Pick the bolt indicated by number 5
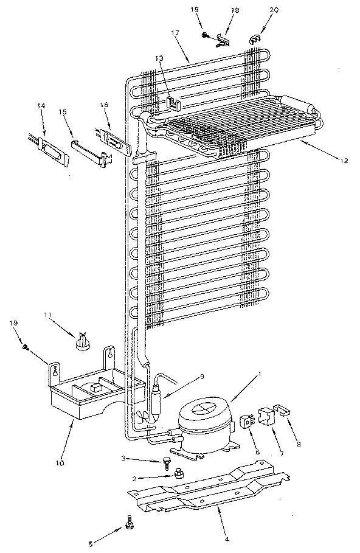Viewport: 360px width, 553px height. [x=129, y=523]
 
